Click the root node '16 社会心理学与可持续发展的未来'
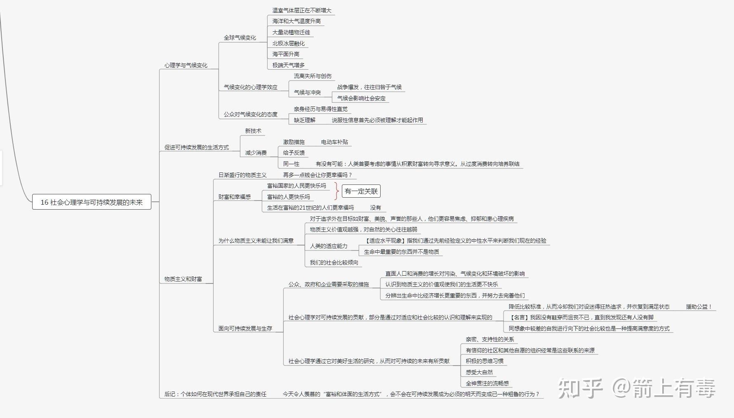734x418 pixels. [92, 202]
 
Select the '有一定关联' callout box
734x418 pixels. [361, 191]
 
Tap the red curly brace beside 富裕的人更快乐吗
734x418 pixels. [337, 191]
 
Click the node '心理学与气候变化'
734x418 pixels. [186, 65]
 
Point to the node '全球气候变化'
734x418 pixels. [240, 38]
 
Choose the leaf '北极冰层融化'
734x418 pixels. [288, 43]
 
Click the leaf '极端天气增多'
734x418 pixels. [288, 65]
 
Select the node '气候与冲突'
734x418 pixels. [307, 92]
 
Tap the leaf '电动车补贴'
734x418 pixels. [334, 142]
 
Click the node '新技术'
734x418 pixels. [253, 131]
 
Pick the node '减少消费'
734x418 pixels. [256, 153]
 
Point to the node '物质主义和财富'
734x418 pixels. [183, 279]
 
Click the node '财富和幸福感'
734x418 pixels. [234, 197]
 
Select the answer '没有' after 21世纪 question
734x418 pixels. [375, 208]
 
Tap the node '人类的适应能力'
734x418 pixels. [329, 246]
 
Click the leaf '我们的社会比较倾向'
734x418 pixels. [334, 262]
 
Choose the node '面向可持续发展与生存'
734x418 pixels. [245, 328]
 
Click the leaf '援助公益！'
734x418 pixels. [699, 307]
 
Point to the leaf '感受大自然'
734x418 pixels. [479, 372]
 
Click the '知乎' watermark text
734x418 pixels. [580, 388]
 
